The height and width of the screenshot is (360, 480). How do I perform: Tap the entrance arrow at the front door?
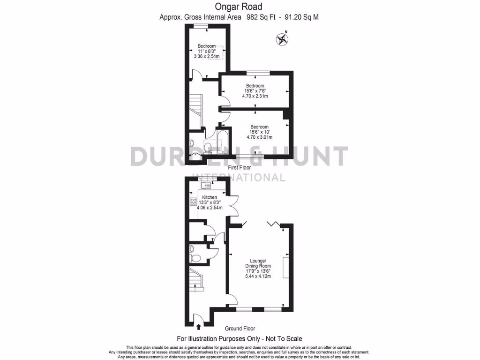(x=199, y=327)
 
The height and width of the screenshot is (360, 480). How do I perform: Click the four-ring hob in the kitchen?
(x=193, y=202)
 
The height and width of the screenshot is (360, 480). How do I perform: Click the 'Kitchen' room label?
(x=209, y=197)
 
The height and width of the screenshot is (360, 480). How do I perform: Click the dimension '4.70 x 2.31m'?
(x=255, y=96)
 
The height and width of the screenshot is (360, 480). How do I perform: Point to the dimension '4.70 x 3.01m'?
(x=259, y=137)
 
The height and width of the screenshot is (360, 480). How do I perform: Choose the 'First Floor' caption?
(x=239, y=167)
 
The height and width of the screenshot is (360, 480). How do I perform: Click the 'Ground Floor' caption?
(x=240, y=329)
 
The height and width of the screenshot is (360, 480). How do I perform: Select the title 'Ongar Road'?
(x=239, y=7)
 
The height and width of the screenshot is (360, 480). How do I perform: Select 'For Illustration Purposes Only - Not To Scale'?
(x=239, y=338)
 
